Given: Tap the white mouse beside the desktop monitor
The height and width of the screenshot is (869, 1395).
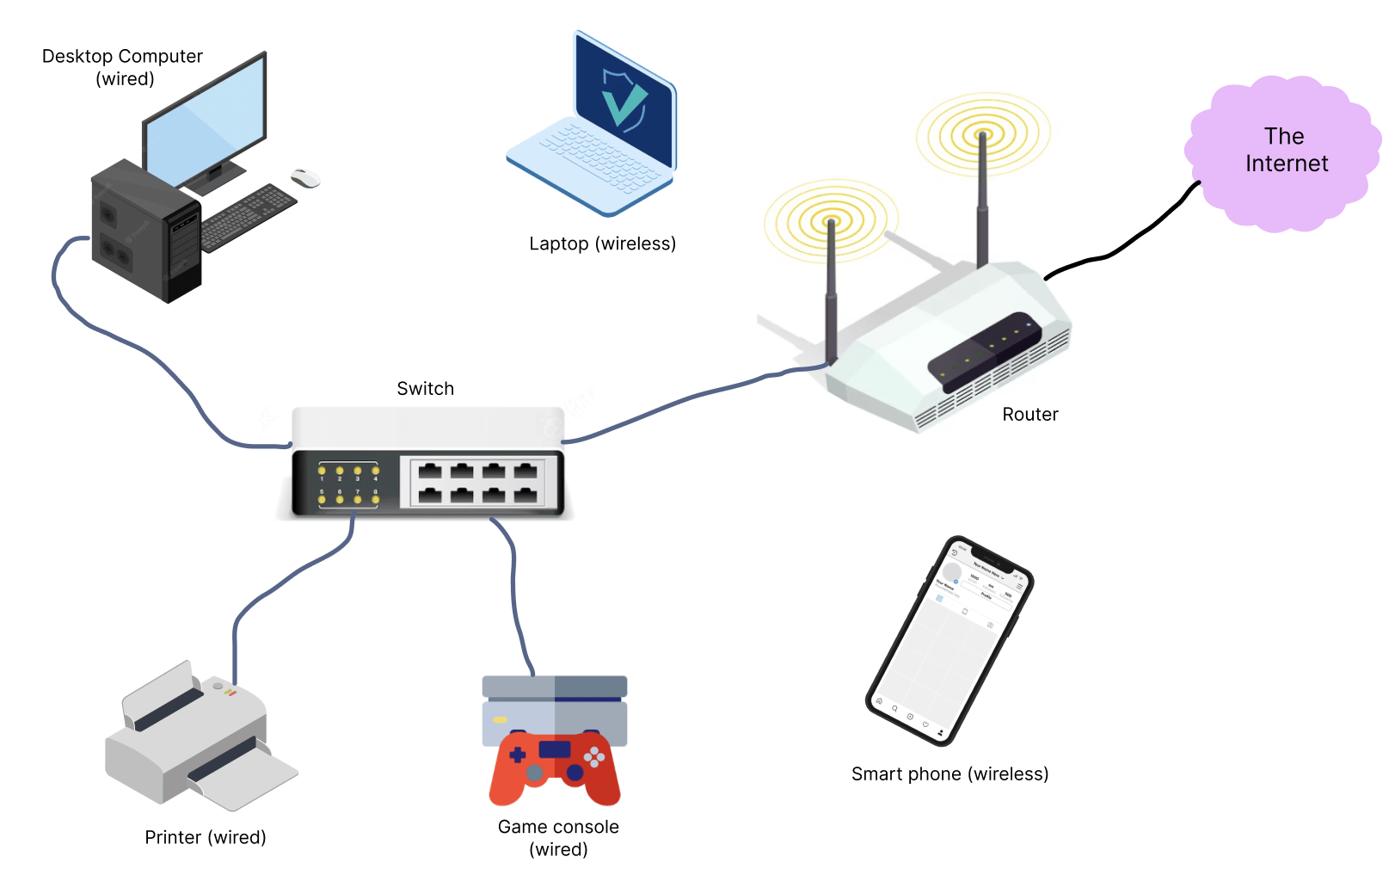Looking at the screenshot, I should [x=305, y=178].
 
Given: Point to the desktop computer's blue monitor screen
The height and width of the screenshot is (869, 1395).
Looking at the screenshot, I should [x=205, y=120].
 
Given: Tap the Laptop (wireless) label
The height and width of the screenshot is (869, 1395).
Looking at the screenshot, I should [x=602, y=243].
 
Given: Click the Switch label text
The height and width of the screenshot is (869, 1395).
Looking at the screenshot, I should [x=425, y=389].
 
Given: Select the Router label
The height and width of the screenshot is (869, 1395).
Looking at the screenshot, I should [x=1029, y=415].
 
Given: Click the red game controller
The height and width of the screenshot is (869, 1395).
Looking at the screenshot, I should [x=555, y=766].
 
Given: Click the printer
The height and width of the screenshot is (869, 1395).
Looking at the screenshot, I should [x=198, y=740].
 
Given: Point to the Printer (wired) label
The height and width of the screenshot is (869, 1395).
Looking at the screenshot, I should [x=206, y=837].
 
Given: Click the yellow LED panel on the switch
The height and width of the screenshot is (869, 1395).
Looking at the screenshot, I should [x=348, y=484].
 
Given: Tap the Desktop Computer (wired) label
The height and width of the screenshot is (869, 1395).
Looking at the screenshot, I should [x=123, y=67].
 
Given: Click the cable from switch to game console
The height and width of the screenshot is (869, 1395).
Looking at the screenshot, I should [x=514, y=594].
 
